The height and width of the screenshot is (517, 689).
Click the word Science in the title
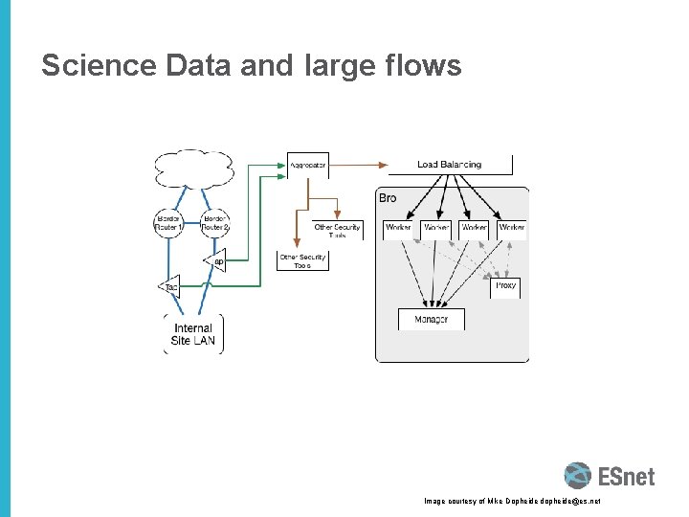(x=99, y=66)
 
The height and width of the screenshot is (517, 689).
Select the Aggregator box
(x=307, y=165)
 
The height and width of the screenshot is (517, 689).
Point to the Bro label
(x=388, y=198)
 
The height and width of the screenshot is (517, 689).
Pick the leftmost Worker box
(x=398, y=228)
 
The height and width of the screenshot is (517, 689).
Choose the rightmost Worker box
(x=512, y=228)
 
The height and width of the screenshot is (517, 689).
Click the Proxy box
(x=505, y=286)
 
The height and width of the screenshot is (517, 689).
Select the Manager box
(x=431, y=319)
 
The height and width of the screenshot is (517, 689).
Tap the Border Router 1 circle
(x=169, y=223)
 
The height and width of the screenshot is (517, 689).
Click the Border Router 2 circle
(x=215, y=223)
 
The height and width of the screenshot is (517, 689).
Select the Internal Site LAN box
(x=194, y=334)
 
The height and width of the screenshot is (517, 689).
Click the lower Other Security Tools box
(x=302, y=260)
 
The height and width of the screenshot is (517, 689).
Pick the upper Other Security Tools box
(x=337, y=230)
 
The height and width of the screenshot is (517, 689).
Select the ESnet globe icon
(x=577, y=476)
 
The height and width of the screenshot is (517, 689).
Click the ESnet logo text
(x=626, y=476)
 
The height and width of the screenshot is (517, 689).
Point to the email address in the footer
(x=567, y=501)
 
